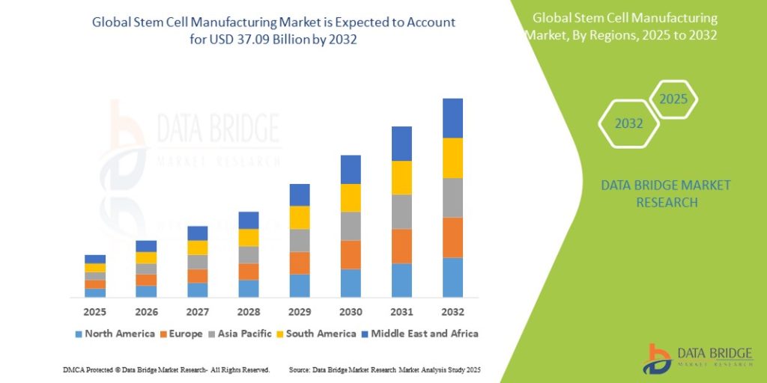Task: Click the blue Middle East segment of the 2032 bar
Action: click(x=452, y=118)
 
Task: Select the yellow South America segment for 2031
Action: click(x=401, y=178)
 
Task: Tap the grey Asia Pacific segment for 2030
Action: click(x=351, y=226)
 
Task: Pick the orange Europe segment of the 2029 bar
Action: click(x=300, y=263)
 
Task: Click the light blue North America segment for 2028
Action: click(x=249, y=289)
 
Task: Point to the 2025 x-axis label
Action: click(x=95, y=312)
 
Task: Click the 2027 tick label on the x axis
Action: click(x=198, y=312)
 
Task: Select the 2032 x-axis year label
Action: click(x=452, y=312)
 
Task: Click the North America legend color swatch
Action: click(x=78, y=334)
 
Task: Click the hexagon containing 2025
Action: click(x=673, y=99)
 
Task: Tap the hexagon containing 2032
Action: click(x=629, y=123)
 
